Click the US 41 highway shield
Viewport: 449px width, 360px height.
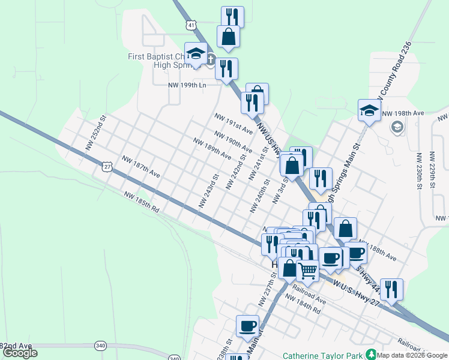click(x=190, y=25)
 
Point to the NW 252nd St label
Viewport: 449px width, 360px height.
click(x=95, y=133)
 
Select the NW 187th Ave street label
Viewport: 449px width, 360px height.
click(x=141, y=166)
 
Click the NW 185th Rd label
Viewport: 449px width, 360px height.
click(x=142, y=202)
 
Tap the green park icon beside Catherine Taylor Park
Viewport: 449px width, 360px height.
click(x=372, y=355)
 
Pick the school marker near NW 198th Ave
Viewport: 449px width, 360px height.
click(x=369, y=110)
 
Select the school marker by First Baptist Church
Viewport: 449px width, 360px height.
click(x=196, y=54)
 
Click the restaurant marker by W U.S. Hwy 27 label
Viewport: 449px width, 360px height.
click(x=391, y=289)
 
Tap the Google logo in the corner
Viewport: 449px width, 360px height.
click(x=20, y=353)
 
